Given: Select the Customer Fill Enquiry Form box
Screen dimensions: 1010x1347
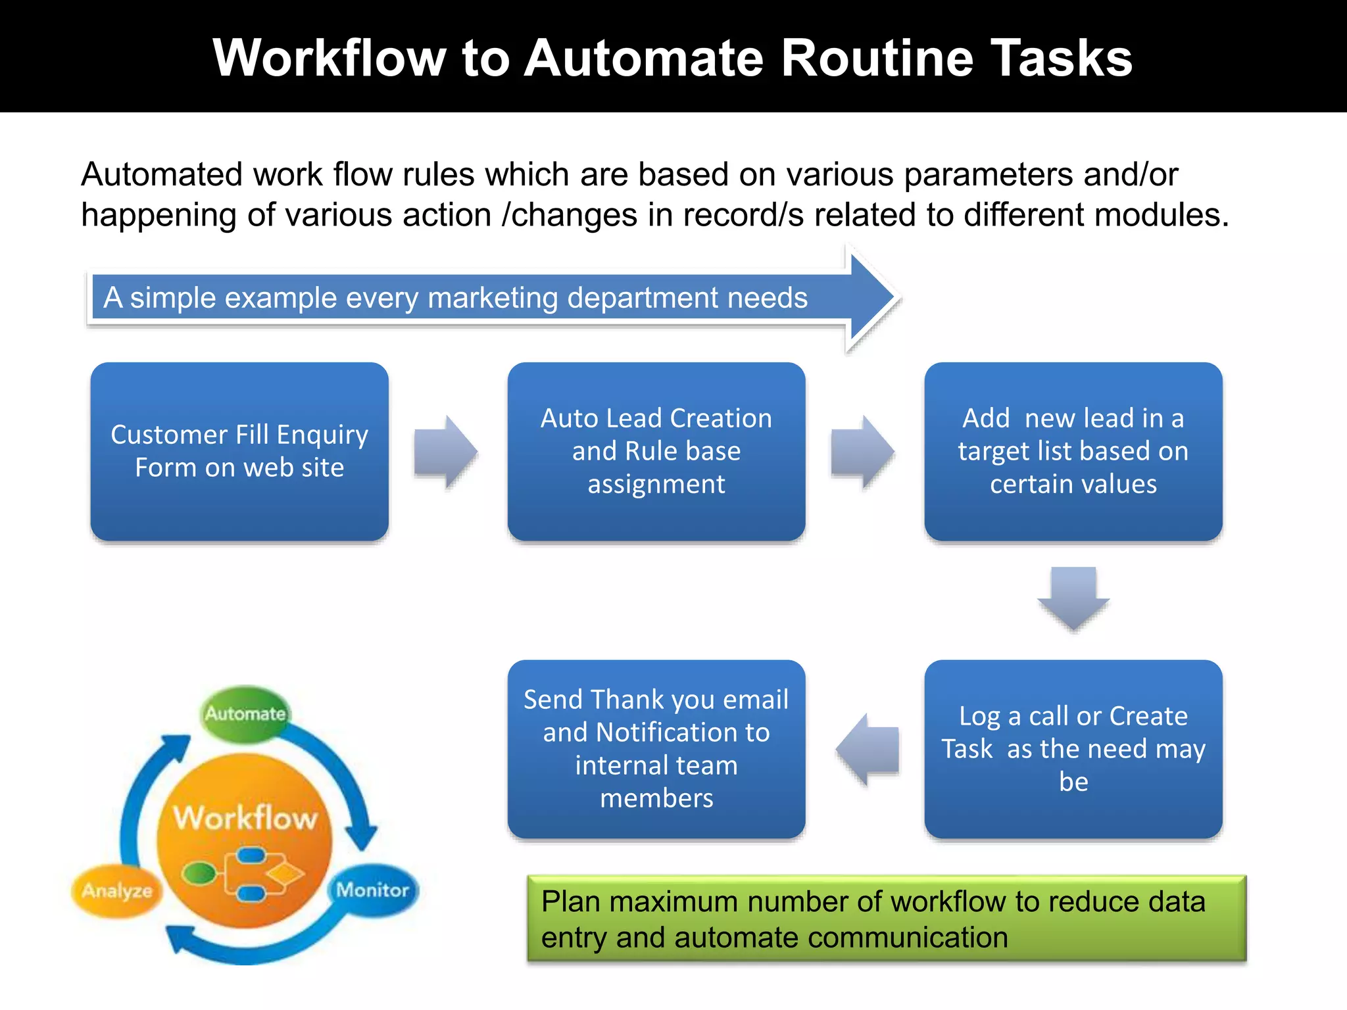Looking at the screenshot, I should (239, 451).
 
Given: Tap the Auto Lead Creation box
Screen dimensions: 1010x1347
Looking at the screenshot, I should (656, 451).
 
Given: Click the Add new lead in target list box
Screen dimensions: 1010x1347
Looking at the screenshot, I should (1073, 451).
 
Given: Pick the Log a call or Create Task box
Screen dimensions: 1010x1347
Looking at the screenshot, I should (1073, 749).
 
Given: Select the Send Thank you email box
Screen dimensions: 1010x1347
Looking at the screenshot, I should (656, 749).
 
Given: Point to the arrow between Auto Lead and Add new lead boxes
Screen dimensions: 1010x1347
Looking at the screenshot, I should (862, 452).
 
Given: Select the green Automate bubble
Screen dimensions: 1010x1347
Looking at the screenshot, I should (245, 713).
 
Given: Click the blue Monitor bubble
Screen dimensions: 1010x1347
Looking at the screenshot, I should (372, 890).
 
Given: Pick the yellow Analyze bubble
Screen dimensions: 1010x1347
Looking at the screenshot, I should (117, 891).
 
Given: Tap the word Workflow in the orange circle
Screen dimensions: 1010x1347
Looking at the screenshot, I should (245, 819).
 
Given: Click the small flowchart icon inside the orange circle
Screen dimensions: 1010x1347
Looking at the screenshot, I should (243, 875).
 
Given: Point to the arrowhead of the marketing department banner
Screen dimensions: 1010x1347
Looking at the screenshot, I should (871, 297).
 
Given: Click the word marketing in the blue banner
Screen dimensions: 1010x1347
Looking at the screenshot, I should (493, 298).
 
